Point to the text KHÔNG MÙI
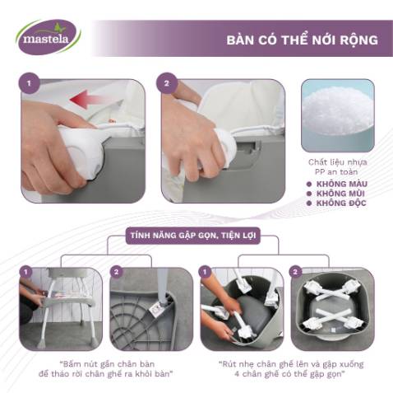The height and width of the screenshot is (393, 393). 337,194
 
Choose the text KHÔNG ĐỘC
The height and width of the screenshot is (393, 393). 338,202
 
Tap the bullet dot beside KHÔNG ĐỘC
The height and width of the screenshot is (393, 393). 308,202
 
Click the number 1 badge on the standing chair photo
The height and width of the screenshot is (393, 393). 25,271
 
